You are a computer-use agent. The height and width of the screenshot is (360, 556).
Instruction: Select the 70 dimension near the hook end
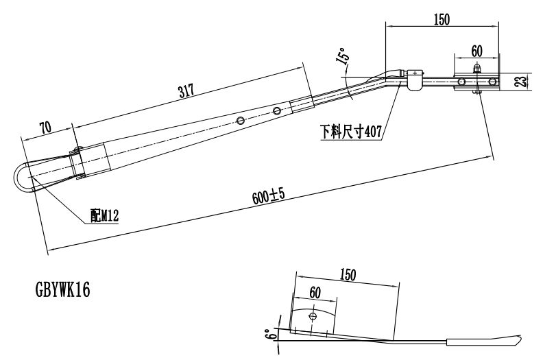point(46,128)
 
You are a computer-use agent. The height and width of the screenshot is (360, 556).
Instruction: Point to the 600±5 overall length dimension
point(267,196)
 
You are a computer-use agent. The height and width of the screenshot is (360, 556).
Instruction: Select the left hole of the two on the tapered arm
point(241,120)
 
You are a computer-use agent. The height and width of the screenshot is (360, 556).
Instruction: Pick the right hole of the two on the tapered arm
point(276,110)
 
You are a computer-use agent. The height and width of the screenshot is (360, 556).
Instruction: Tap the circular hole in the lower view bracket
point(313,317)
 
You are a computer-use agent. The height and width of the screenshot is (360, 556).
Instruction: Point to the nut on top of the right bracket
point(476,70)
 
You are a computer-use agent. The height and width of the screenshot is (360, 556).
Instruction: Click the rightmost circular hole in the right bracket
point(491,82)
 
